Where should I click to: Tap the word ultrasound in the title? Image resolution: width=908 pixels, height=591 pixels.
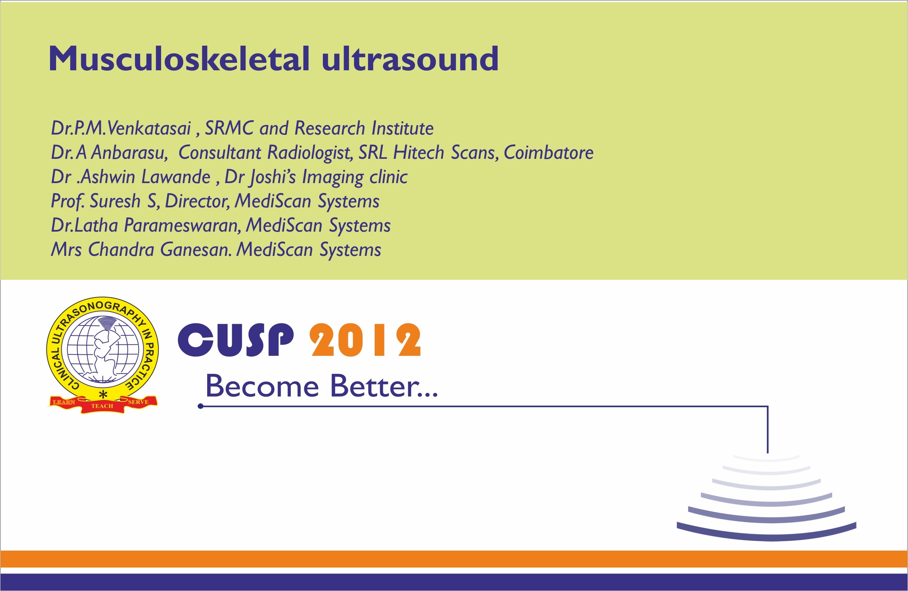click(x=410, y=59)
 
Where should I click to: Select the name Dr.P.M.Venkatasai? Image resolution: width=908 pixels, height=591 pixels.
click(x=121, y=128)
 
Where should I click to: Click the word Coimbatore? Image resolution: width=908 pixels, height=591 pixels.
click(x=548, y=152)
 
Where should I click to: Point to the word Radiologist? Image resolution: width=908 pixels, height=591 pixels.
click(x=309, y=152)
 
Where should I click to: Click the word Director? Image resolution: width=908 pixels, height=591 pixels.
click(x=197, y=201)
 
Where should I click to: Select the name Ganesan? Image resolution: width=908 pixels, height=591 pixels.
click(x=195, y=250)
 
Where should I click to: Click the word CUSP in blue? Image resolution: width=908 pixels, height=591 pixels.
click(x=236, y=340)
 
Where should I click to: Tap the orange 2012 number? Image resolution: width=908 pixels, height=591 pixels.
click(x=365, y=340)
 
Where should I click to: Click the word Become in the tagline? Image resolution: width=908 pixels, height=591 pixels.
click(x=262, y=386)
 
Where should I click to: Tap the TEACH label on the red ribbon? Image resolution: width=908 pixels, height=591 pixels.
click(x=102, y=406)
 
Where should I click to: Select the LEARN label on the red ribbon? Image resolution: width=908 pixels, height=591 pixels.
click(x=64, y=402)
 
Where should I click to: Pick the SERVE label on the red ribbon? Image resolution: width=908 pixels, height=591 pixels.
click(x=138, y=402)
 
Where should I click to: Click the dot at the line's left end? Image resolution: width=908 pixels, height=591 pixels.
click(x=201, y=406)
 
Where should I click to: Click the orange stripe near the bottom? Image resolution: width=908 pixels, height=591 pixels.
click(x=454, y=559)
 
